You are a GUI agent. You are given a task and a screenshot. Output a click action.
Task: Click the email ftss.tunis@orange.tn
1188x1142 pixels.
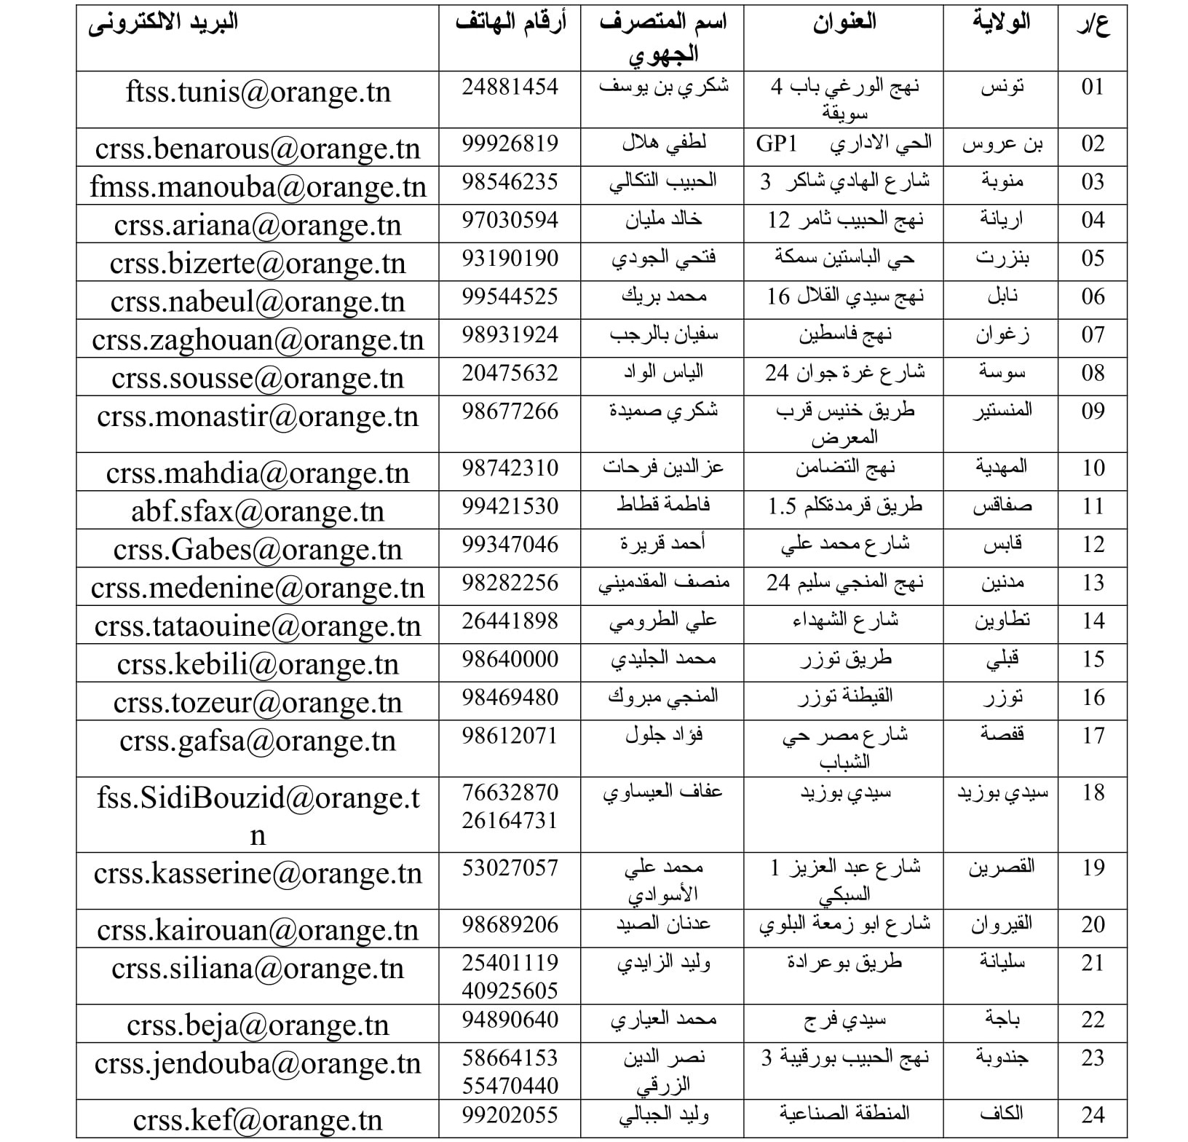click(258, 92)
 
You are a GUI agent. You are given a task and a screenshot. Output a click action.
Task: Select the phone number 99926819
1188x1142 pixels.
click(510, 143)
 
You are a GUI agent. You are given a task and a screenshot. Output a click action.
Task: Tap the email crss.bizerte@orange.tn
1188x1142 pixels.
click(258, 264)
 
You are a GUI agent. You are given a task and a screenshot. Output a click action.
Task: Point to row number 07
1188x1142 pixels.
click(1093, 335)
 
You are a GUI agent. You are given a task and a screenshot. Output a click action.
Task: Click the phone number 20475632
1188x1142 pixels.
click(510, 374)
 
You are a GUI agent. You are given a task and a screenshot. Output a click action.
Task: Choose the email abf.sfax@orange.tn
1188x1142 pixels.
click(258, 511)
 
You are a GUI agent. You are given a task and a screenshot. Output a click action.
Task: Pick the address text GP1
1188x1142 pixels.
click(777, 143)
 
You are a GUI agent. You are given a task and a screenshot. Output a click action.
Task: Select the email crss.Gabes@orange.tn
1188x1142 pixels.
click(258, 550)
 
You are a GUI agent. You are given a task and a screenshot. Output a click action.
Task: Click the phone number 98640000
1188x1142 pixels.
click(510, 660)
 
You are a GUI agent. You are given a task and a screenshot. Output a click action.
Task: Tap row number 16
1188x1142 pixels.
click(1093, 698)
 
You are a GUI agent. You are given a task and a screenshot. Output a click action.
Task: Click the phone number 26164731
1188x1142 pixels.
click(510, 821)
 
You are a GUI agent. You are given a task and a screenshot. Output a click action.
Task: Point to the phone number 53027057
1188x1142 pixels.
click(510, 868)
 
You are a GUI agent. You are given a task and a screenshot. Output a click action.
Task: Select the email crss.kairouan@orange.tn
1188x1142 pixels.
click(258, 930)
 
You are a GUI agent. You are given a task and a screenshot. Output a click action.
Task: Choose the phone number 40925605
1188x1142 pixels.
click(510, 991)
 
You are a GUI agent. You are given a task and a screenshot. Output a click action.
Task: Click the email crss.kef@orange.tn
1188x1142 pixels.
click(258, 1119)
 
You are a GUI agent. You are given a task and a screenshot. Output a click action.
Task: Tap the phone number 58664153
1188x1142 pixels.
click(510, 1058)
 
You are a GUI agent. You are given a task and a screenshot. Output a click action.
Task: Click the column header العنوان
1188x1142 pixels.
click(844, 23)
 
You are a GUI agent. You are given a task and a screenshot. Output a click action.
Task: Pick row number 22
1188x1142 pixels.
click(1093, 1020)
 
